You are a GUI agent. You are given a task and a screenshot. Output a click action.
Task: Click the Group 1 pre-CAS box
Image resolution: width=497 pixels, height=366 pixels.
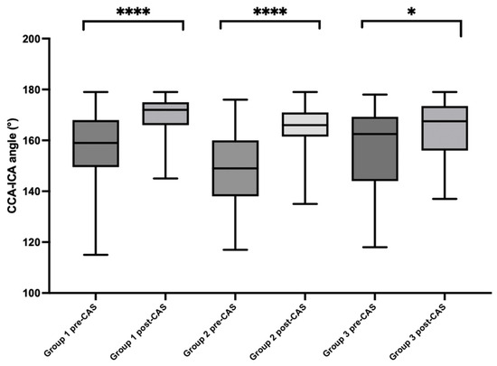coord(83,143)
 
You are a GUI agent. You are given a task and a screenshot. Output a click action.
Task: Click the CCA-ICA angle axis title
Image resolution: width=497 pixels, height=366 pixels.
coord(9,166)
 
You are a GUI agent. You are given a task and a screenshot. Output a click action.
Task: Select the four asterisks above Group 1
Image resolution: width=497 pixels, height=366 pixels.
coord(132,12)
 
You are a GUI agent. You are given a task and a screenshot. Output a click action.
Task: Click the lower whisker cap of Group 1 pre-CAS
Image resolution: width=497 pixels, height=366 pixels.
coord(83,255)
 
